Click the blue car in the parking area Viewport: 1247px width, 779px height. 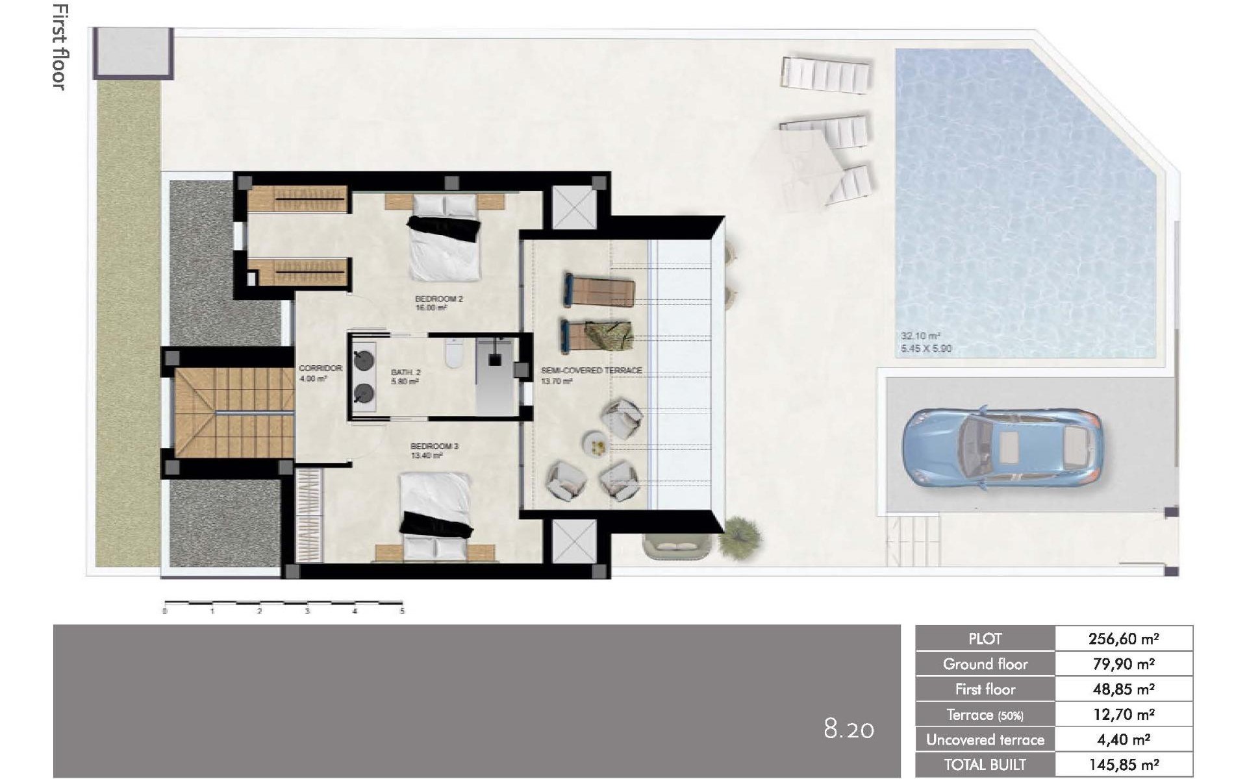(x=1002, y=448)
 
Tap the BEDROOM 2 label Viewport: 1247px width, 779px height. (x=438, y=299)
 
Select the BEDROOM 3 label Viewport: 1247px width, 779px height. (x=434, y=447)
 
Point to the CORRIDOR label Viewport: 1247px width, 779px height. (x=320, y=368)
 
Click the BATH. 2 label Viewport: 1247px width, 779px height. (x=405, y=373)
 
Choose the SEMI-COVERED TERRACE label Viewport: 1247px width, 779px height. (x=591, y=371)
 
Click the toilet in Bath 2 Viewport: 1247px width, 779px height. (x=452, y=354)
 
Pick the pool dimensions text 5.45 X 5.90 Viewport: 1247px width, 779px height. (x=926, y=349)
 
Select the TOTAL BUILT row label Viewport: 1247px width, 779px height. (x=985, y=765)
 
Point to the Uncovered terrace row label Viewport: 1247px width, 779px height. (x=985, y=740)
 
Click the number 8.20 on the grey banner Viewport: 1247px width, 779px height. (x=848, y=730)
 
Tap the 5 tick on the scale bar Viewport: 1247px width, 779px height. (x=402, y=611)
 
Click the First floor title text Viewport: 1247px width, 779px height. (x=59, y=47)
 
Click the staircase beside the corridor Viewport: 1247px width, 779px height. (x=234, y=412)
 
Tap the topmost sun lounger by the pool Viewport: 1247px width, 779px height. (x=826, y=75)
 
